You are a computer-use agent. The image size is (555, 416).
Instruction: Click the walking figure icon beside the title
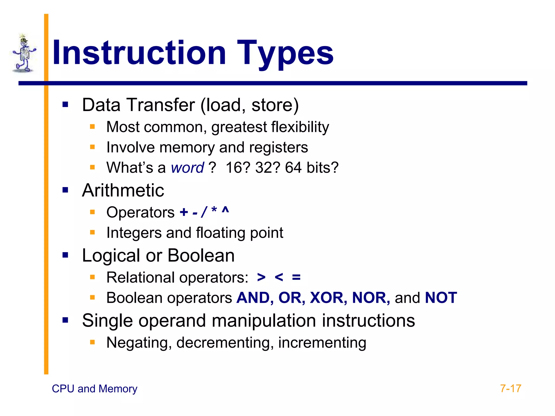(24, 54)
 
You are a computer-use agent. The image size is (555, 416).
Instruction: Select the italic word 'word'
(187, 168)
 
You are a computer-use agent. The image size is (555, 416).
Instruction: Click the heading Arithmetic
(123, 190)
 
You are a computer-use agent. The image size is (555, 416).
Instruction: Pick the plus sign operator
(184, 212)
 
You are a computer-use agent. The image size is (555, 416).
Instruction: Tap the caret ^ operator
(225, 210)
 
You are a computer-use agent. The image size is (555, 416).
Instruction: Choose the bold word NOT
(441, 298)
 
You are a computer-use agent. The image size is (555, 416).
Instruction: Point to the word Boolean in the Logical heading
(201, 256)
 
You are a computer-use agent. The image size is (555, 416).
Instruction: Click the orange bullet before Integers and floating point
(92, 232)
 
